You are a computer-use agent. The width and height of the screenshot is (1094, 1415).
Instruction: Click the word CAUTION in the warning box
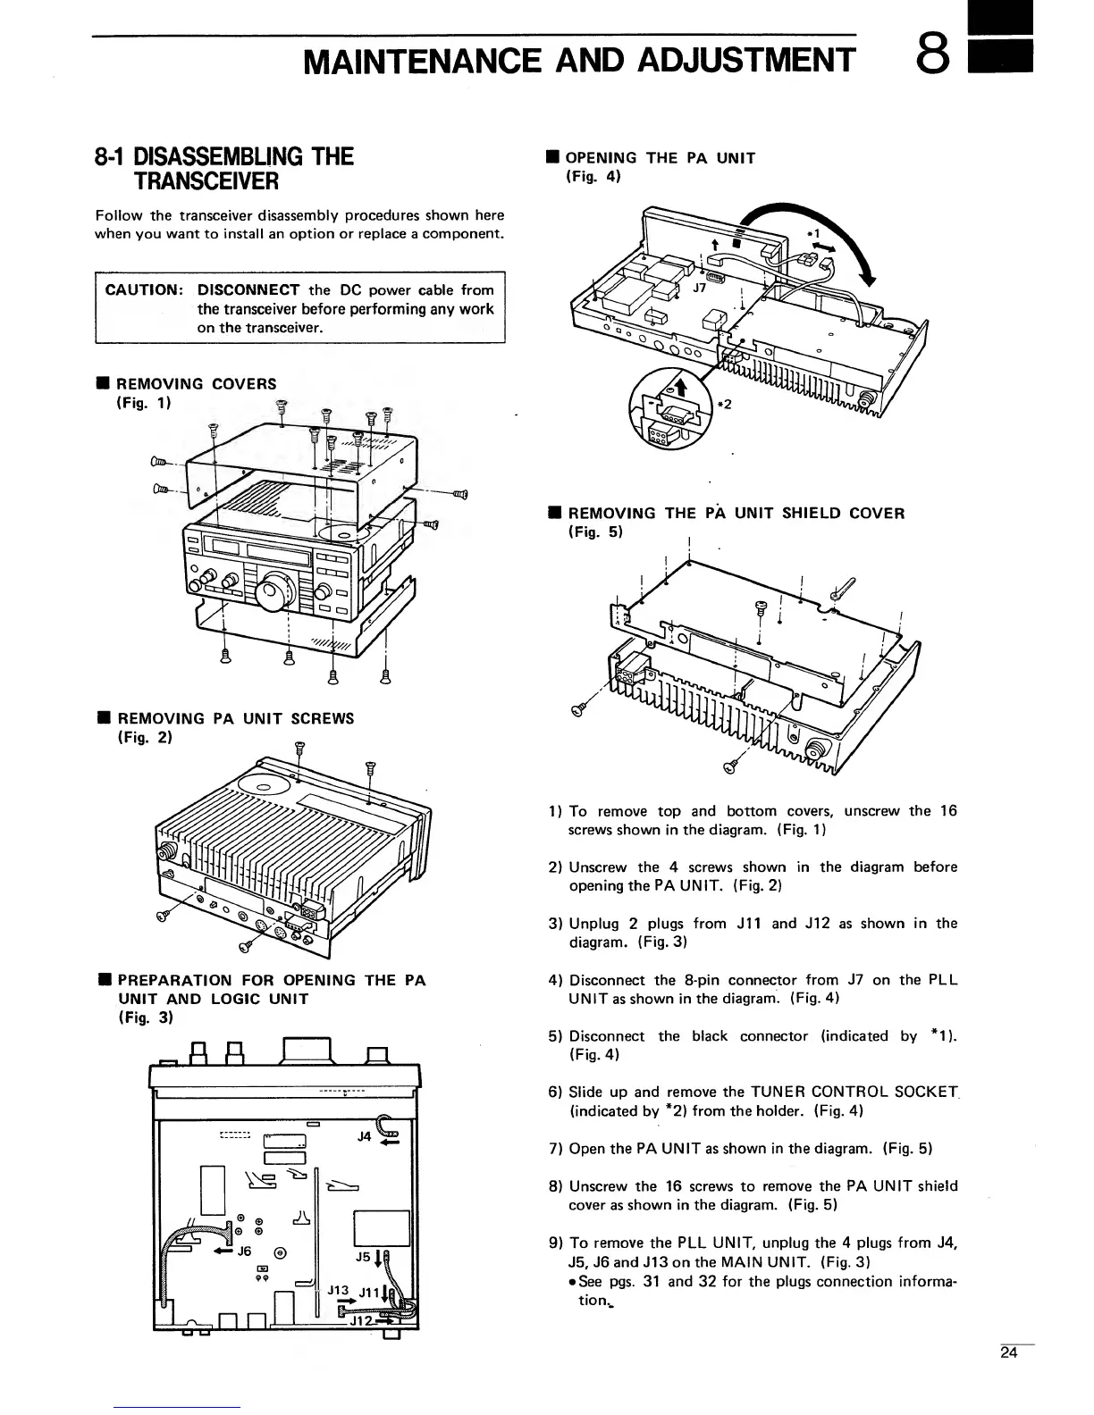(x=143, y=290)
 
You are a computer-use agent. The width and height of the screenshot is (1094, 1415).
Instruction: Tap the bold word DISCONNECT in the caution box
(x=248, y=290)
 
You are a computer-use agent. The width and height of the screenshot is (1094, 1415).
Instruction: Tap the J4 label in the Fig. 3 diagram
(x=364, y=1136)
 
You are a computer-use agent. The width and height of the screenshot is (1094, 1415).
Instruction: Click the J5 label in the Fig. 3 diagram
(x=362, y=1257)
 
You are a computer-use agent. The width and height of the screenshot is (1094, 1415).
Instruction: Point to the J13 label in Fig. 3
(x=337, y=1290)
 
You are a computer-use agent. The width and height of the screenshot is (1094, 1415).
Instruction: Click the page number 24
(x=1009, y=1352)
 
